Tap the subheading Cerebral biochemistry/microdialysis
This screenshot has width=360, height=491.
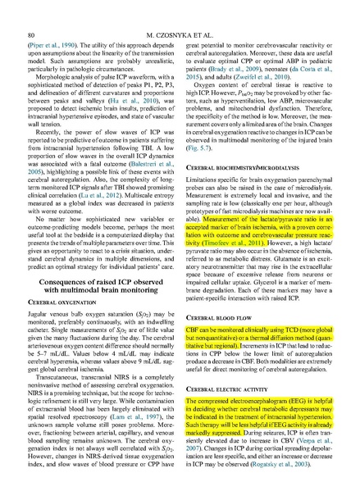pos(238,167)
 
